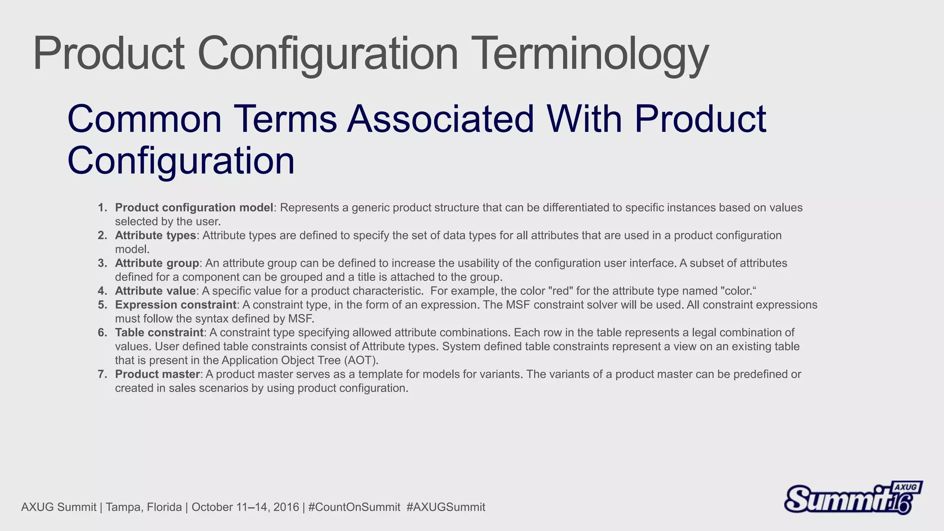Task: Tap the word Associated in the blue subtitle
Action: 440,119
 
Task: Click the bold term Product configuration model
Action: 194,208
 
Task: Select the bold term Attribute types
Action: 155,236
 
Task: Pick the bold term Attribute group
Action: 157,263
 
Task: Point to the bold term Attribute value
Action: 155,291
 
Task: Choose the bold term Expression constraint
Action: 176,305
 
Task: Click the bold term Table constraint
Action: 159,332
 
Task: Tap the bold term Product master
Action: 157,374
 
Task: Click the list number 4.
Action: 102,291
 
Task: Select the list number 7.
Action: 102,374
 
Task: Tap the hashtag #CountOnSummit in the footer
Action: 354,507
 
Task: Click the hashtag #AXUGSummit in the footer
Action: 446,507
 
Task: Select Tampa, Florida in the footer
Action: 143,507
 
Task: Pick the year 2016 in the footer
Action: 286,507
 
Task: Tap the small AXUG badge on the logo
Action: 906,488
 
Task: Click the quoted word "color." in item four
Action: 738,291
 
